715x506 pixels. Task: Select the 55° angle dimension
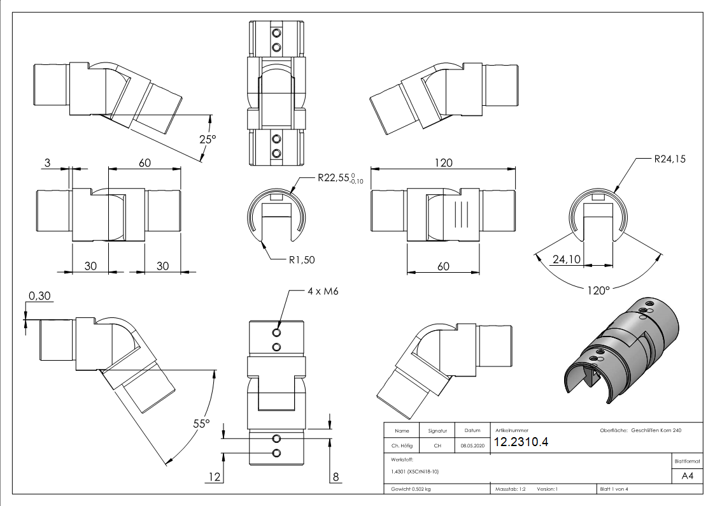[201, 423]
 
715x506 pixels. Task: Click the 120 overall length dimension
[443, 163]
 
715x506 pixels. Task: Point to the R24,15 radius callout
[669, 159]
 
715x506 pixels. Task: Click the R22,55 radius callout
[339, 180]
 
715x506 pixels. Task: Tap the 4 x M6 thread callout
[322, 291]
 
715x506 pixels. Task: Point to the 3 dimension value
[47, 163]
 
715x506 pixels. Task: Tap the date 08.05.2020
[472, 446]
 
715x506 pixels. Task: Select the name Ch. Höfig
[402, 446]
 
